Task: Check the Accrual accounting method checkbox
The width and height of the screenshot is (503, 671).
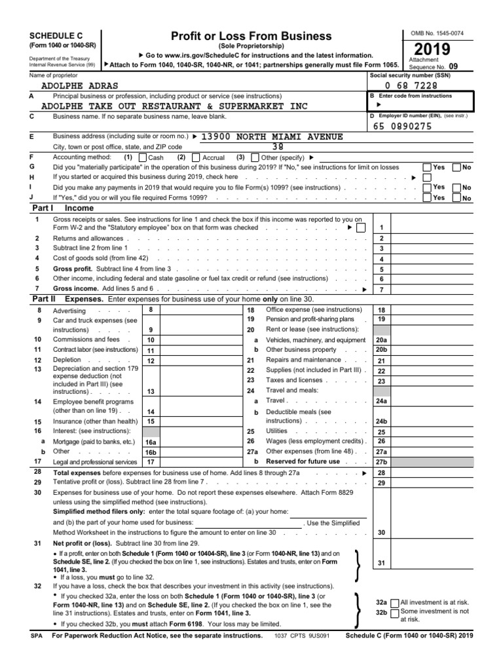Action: pyautogui.click(x=196, y=158)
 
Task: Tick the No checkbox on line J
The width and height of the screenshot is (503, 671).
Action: pyautogui.click(x=456, y=198)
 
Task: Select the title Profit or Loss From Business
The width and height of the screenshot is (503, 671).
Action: pyautogui.click(x=251, y=36)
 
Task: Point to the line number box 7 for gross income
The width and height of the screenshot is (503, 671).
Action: pyautogui.click(x=381, y=289)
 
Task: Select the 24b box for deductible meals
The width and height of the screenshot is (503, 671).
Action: pyautogui.click(x=381, y=421)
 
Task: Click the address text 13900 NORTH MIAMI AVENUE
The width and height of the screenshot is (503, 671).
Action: pyautogui.click(x=271, y=136)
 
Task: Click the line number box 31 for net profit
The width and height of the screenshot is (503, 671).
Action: pyautogui.click(x=381, y=563)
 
